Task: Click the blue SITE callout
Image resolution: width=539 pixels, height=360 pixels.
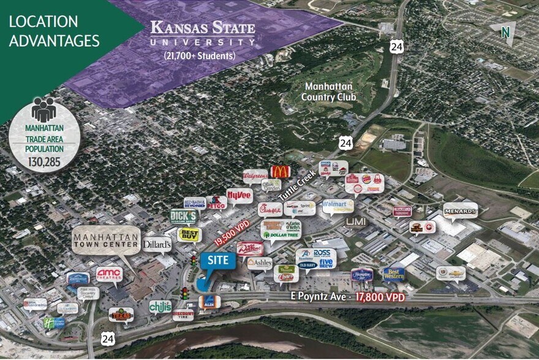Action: [217, 261]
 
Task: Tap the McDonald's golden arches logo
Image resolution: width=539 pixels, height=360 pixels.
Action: [279, 172]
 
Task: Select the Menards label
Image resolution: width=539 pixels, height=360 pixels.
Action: [460, 211]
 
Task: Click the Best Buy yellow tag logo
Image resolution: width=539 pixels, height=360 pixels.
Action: [189, 234]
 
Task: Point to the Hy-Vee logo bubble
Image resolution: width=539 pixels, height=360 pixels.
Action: [239, 195]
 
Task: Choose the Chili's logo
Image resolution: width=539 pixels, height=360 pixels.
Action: [160, 306]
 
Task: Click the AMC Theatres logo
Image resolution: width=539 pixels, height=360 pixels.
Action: [109, 274]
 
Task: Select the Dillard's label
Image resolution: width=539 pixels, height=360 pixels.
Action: [157, 244]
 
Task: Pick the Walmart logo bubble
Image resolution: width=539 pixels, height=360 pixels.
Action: [337, 205]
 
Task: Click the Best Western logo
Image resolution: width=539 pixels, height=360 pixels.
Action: [393, 274]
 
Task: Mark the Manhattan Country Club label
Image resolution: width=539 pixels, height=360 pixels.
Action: [330, 92]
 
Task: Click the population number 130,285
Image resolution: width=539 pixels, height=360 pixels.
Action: [45, 163]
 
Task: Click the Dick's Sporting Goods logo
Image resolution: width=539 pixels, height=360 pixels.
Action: [184, 216]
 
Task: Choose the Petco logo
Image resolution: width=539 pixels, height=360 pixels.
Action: [216, 202]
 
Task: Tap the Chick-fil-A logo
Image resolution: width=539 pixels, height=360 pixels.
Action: [270, 209]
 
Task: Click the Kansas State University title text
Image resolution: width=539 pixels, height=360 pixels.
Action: [203, 33]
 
